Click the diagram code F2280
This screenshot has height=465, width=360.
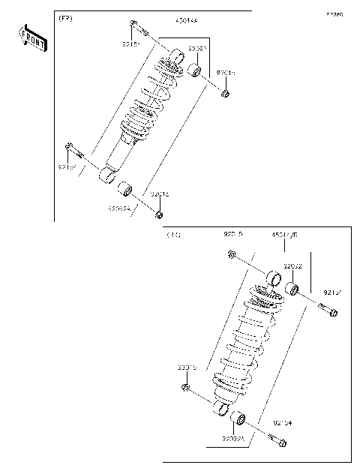[334, 14]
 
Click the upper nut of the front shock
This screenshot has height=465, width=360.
[224, 93]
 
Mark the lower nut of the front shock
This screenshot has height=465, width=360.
[158, 216]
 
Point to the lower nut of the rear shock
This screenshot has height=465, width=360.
[184, 387]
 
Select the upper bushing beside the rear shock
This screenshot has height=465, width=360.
[295, 289]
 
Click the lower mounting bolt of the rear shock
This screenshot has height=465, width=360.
[280, 442]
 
